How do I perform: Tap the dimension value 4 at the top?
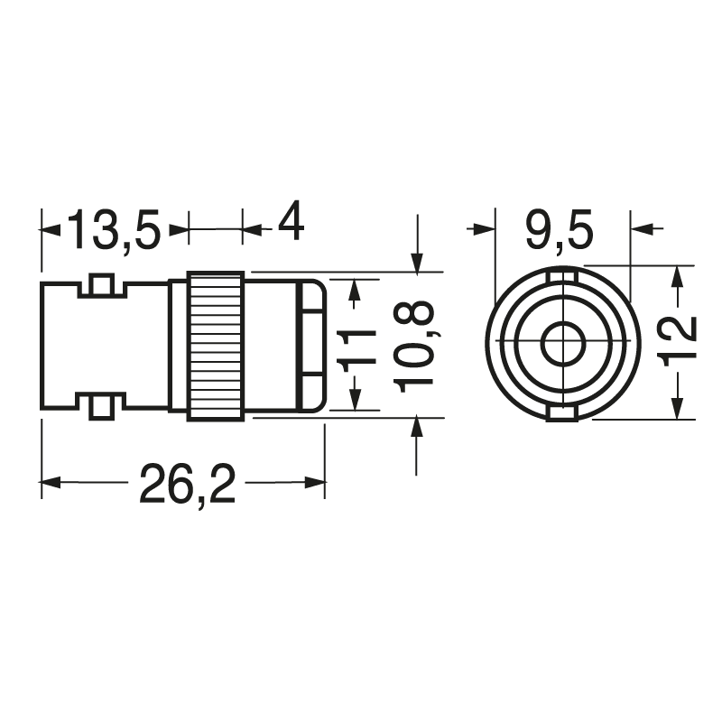(290, 222)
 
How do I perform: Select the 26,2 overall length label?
(187, 487)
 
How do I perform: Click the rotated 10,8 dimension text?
(416, 346)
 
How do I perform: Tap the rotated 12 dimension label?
(680, 341)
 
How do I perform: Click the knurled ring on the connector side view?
(216, 346)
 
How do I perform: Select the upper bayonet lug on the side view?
(102, 284)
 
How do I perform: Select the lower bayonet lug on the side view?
(102, 407)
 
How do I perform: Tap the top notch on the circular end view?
(563, 274)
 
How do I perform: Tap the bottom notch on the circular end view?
(563, 414)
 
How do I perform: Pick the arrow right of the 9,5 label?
(643, 229)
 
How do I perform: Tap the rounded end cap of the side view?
(311, 346)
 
